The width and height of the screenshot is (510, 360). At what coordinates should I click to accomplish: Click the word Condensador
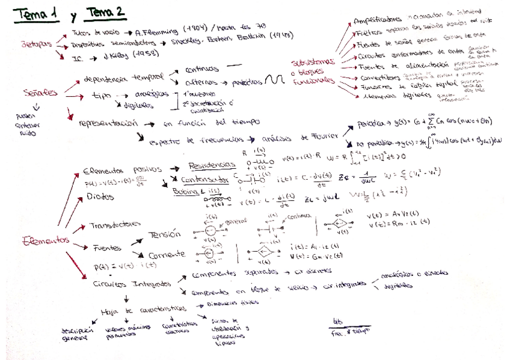(201, 179)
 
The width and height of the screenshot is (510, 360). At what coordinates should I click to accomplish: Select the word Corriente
(167, 254)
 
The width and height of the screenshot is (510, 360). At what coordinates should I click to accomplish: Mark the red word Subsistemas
(311, 62)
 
